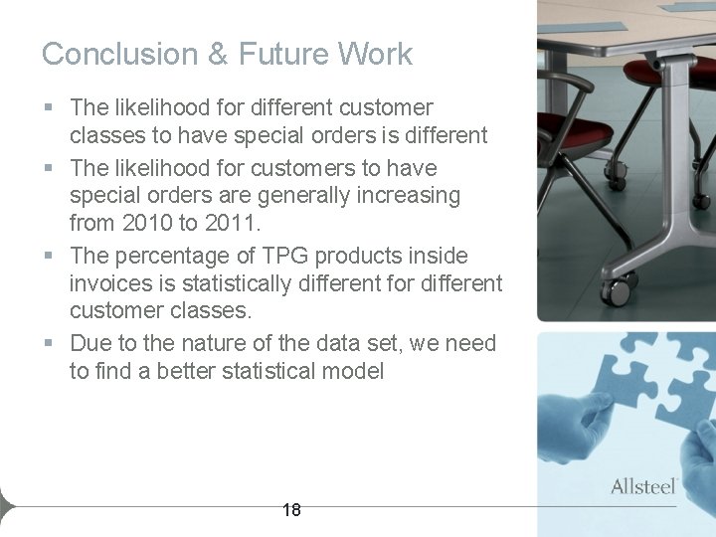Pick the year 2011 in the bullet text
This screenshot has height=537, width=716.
[237, 224]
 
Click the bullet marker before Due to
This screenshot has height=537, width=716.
[48, 344]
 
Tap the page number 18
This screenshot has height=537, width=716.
[291, 510]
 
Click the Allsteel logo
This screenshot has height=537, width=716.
[643, 486]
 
